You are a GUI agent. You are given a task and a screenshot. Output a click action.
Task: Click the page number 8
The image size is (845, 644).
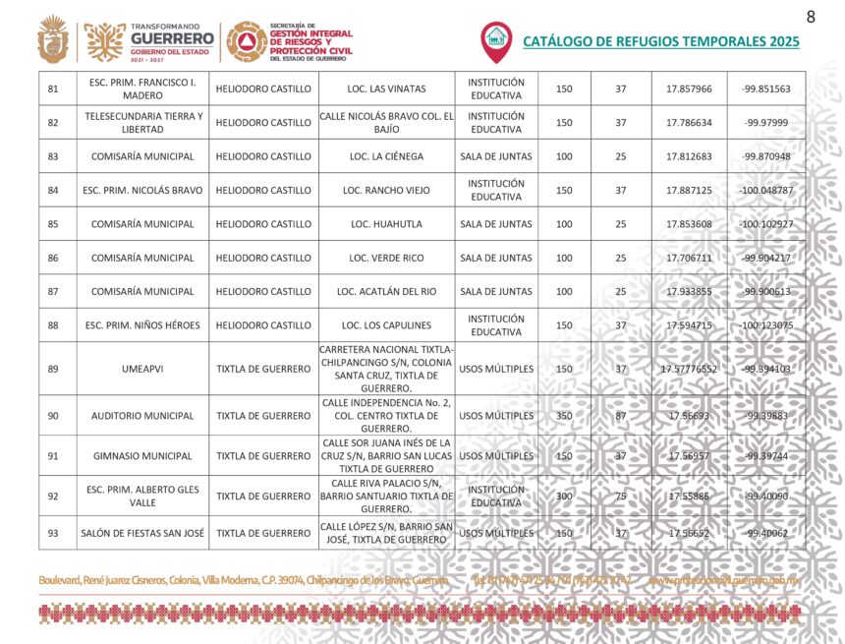(811, 17)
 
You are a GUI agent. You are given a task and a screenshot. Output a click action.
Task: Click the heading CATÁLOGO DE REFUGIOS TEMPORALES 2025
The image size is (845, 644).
(660, 41)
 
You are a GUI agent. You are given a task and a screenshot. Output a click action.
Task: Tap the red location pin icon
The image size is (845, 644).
(496, 40)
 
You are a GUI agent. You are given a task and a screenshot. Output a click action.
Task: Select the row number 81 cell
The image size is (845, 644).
(53, 88)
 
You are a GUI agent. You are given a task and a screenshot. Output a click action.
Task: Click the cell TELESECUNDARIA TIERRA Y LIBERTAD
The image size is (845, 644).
(143, 123)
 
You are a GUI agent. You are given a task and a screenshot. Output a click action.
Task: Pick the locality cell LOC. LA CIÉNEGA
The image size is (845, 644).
(386, 156)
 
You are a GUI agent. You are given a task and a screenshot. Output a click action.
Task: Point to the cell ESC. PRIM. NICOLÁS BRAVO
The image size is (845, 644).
(143, 190)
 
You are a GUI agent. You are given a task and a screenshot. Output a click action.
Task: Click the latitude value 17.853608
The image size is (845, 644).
(689, 224)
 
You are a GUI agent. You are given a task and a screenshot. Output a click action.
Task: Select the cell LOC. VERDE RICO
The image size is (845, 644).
(386, 258)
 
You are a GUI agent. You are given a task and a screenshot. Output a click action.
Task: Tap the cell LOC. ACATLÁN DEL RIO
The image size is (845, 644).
(386, 291)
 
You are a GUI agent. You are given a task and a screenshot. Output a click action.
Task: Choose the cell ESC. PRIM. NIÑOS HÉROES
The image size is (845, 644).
(143, 325)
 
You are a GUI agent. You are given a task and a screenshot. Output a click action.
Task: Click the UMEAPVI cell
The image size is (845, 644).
(143, 369)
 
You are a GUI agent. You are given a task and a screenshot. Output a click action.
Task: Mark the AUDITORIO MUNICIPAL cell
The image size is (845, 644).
(143, 416)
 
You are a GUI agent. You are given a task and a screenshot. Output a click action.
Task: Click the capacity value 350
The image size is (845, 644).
(564, 416)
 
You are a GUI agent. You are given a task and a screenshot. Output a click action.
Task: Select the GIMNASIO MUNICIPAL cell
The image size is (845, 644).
(143, 456)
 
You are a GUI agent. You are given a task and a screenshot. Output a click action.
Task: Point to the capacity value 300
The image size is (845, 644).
(564, 497)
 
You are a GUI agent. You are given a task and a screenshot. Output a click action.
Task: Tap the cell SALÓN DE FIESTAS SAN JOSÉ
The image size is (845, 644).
(143, 533)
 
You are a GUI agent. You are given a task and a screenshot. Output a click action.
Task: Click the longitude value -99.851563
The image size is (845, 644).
(766, 88)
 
